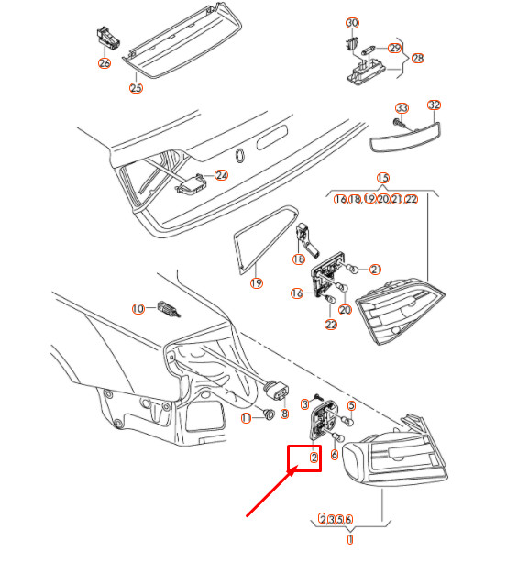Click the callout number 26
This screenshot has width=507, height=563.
coord(104,63)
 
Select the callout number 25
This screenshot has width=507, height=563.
coord(136,88)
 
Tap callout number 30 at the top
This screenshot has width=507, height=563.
coord(352,22)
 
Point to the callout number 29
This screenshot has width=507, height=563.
coord(395,48)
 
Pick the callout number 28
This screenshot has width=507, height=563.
coord(418,58)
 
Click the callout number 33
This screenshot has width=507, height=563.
coord(402,108)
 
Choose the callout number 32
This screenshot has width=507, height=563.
coord(435,105)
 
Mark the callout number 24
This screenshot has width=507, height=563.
coord(220,174)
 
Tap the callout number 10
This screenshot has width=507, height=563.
coord(138,309)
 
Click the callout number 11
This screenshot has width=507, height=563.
coord(246,418)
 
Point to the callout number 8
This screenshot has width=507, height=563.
coord(284,414)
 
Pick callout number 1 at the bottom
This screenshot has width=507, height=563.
coord(349,540)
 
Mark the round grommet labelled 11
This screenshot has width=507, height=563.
coord(267,415)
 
